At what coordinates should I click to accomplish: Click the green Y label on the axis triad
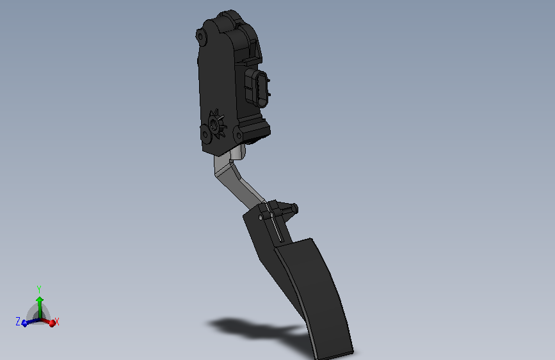click(39, 290)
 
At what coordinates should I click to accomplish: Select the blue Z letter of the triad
click(18, 322)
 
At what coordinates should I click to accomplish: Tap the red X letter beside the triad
click(57, 322)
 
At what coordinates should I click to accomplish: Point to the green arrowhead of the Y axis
click(40, 299)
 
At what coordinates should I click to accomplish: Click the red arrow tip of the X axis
click(52, 323)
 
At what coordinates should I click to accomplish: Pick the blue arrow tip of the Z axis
click(24, 323)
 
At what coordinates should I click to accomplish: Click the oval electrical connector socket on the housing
click(261, 89)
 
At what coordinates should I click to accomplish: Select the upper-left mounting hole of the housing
click(200, 36)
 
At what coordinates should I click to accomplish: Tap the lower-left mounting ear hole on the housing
click(205, 135)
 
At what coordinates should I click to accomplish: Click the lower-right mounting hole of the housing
click(239, 135)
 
